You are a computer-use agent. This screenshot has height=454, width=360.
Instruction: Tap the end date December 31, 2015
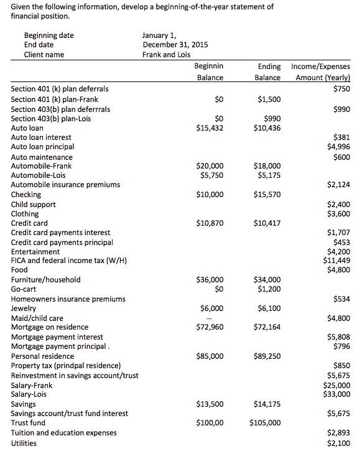click(x=175, y=45)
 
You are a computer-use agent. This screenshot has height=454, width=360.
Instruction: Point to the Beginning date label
click(x=48, y=35)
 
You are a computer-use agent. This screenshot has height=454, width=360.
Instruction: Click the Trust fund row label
click(x=28, y=423)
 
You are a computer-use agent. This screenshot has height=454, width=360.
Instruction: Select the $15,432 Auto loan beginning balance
click(x=210, y=127)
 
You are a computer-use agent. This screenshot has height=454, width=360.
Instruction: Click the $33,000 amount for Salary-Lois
click(x=338, y=394)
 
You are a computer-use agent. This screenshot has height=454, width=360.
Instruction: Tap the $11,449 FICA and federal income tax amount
click(x=338, y=261)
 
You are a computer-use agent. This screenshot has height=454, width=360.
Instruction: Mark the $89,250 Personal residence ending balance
click(x=267, y=356)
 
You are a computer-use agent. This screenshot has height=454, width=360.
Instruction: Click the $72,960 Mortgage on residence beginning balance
click(x=210, y=327)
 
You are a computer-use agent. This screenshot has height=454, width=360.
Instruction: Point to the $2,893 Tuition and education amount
click(x=338, y=433)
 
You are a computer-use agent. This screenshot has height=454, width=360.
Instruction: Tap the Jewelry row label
click(x=24, y=308)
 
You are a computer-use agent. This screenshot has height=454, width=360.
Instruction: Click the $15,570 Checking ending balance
click(x=267, y=195)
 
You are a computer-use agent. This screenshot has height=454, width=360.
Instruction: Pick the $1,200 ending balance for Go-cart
click(x=270, y=289)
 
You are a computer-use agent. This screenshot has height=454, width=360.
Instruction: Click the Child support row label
click(x=34, y=204)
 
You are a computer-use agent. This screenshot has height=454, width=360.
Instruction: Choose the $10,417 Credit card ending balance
click(x=267, y=223)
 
